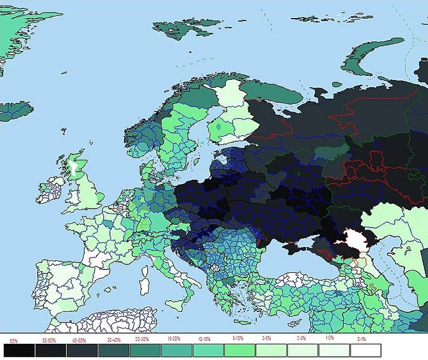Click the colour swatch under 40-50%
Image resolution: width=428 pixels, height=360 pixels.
(82, 350)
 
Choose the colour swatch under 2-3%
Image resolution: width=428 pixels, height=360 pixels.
(301, 350)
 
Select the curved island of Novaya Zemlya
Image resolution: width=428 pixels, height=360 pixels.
(367, 60)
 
